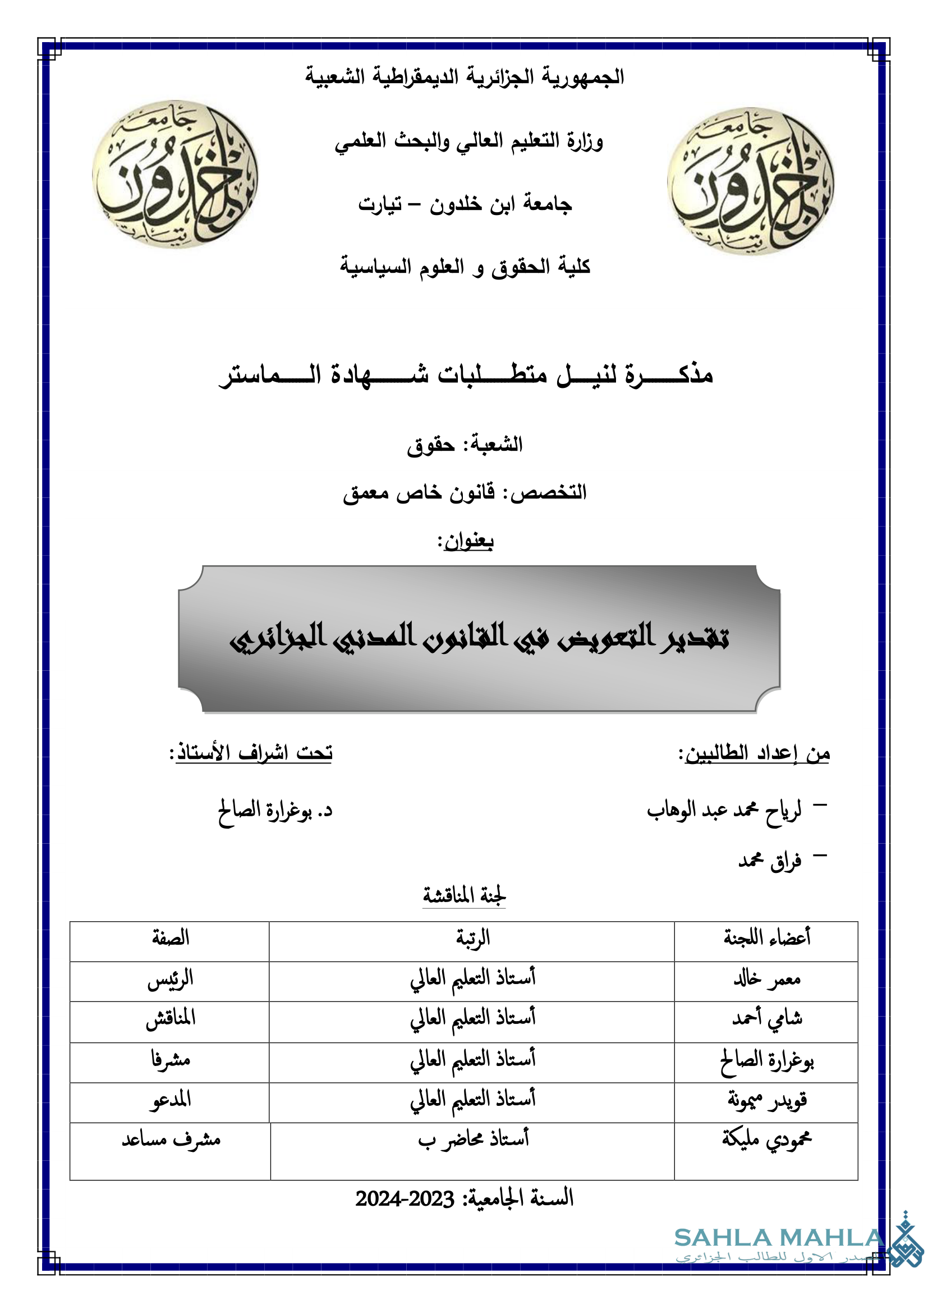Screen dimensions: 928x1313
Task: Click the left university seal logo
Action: pos(175,174)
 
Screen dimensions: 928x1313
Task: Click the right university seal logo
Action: pos(750,181)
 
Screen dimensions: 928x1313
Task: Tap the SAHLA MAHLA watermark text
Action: pos(779,1238)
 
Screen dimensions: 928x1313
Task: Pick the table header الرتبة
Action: pos(472,939)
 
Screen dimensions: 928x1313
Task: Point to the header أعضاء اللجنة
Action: pos(767,939)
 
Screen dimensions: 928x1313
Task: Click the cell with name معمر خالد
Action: pos(767,980)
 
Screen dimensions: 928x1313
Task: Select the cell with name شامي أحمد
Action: pos(767,1018)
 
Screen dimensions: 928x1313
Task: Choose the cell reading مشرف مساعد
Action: pos(171,1139)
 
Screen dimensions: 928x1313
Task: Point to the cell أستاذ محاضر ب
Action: pos(473,1139)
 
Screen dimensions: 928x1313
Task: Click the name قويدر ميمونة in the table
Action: pos(767,1100)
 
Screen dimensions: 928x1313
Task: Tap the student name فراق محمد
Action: pos(770,860)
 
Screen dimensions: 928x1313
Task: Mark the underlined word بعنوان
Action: pos(468,541)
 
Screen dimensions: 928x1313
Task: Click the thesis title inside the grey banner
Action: pos(479,637)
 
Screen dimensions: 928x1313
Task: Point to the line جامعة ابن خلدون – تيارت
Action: pos(465,204)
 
